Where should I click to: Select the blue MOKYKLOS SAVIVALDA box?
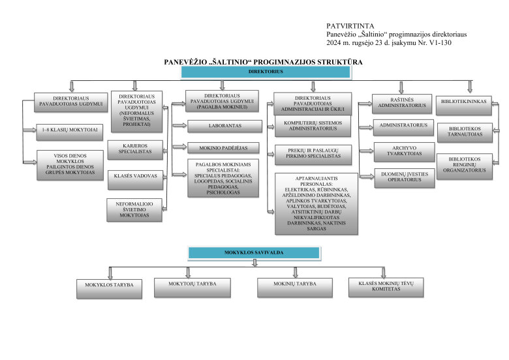tap(254, 252)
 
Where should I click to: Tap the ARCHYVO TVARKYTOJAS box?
tap(401, 151)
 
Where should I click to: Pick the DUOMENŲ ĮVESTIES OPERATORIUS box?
tap(401, 177)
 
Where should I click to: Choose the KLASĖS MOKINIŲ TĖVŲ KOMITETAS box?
tap(386, 286)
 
